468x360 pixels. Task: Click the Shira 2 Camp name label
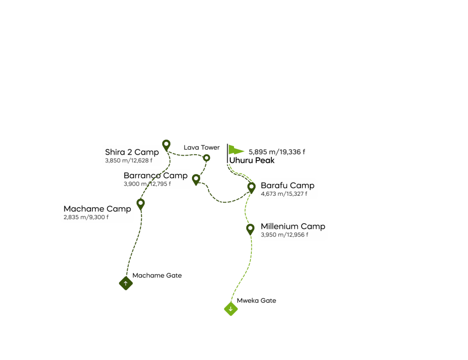coord(132,152)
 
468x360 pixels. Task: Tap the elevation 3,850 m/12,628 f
coord(128,161)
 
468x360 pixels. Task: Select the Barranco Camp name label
coord(155,176)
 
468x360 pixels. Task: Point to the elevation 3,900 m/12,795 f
coord(147,184)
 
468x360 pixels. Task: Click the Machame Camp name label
coord(97,209)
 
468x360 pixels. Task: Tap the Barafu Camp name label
coord(287,186)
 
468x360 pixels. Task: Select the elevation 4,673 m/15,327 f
coord(284,194)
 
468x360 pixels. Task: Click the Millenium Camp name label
coord(293,226)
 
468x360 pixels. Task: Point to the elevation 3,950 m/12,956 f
coord(284,235)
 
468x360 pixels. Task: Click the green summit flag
coord(235,150)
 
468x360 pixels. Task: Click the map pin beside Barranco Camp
coord(196,179)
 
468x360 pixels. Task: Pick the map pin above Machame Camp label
coord(141,204)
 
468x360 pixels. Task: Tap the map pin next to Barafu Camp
coord(251,187)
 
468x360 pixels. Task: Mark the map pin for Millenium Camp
coord(250,228)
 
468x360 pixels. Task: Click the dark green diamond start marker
coord(126,284)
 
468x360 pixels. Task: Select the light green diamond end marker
coord(231,309)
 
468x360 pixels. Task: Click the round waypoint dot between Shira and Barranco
coord(207,158)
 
